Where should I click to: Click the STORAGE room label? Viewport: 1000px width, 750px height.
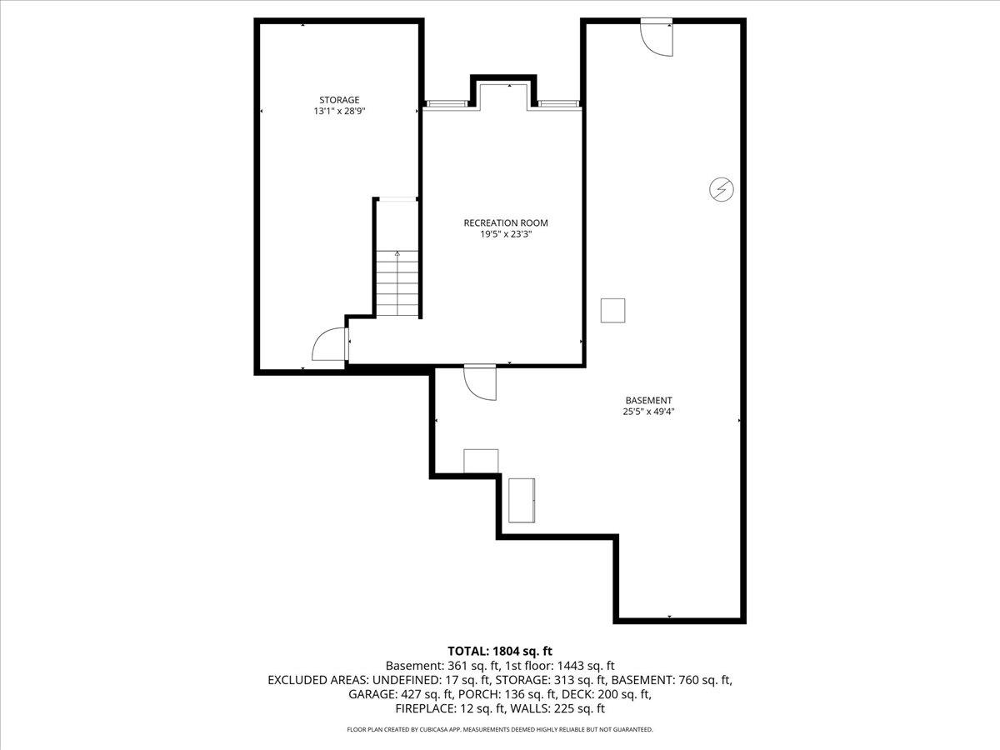[339, 100]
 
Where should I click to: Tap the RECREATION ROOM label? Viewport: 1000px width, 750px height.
[506, 222]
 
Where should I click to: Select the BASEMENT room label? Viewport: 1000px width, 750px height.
[648, 400]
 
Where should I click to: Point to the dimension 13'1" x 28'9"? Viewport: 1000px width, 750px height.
[339, 111]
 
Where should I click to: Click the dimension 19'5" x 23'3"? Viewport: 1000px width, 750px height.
[506, 234]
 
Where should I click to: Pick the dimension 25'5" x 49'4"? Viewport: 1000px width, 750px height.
[648, 411]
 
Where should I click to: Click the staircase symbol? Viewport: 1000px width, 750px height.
[397, 283]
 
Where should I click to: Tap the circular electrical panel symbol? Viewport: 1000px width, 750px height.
[721, 190]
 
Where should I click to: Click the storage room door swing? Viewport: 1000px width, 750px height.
[329, 344]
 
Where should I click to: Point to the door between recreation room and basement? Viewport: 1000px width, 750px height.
[480, 382]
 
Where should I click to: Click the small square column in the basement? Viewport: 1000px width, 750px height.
[613, 310]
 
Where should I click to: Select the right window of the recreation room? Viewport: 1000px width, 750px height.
[557, 103]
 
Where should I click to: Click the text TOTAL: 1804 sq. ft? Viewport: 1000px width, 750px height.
[500, 650]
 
